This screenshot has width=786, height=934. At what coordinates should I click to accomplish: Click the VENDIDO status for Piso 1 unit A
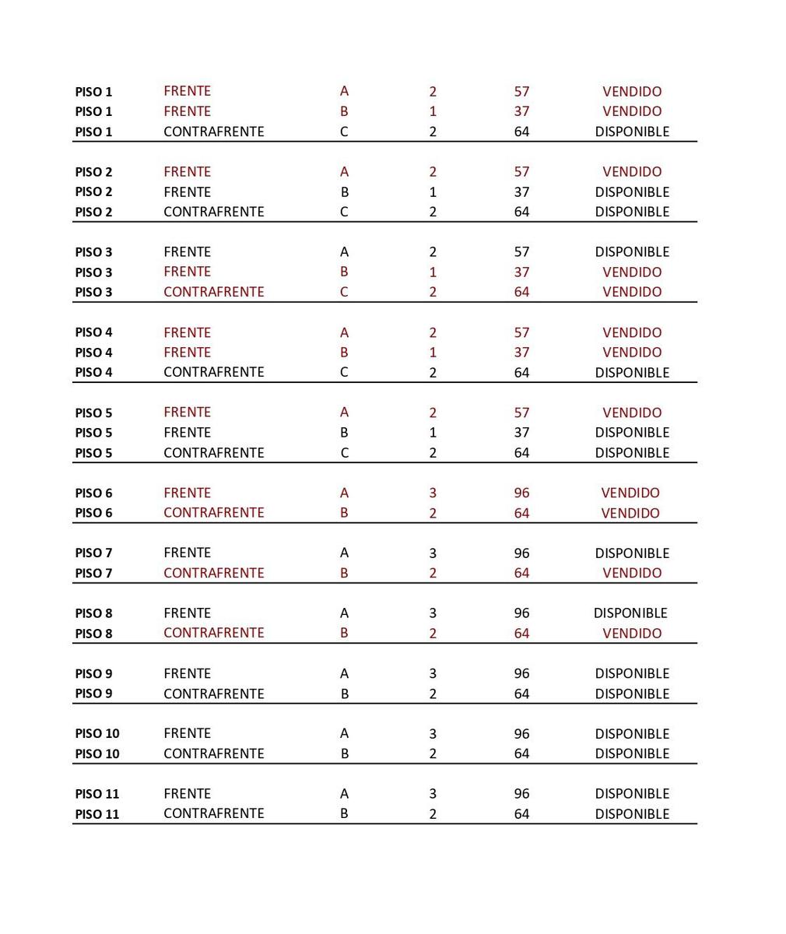tap(631, 92)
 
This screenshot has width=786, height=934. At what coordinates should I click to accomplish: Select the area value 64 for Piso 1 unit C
tap(521, 132)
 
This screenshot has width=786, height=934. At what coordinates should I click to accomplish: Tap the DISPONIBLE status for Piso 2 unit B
tap(631, 192)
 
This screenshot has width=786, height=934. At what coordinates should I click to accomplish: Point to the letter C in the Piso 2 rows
tap(344, 212)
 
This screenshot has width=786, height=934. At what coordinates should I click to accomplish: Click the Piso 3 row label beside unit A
tap(93, 252)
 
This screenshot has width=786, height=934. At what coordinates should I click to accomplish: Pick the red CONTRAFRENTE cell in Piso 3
tap(213, 292)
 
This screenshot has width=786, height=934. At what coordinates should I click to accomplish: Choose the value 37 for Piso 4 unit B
tap(521, 353)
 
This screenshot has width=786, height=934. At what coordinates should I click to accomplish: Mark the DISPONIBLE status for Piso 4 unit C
tap(631, 373)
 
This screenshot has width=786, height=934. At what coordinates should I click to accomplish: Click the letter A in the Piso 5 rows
tap(344, 413)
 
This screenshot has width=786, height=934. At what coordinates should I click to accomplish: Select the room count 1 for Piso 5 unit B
tap(433, 433)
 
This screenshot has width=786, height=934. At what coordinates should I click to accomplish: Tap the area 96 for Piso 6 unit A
tap(521, 493)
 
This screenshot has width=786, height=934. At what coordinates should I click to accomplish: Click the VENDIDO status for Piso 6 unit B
tap(630, 514)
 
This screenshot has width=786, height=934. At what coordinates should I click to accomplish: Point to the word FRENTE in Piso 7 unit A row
tap(187, 553)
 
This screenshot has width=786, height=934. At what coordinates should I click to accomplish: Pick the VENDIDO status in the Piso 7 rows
tap(631, 574)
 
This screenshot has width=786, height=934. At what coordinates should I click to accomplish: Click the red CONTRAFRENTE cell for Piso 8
tap(213, 633)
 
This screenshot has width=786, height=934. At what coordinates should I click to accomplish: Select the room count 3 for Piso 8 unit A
tap(433, 613)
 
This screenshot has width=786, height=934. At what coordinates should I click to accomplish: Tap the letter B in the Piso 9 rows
tap(345, 693)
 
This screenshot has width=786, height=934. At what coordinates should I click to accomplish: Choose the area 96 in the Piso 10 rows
tap(521, 734)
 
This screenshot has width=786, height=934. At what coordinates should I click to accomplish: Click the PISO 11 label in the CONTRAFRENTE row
tap(96, 814)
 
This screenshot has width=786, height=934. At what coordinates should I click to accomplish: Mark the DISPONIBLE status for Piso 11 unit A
tap(631, 794)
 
